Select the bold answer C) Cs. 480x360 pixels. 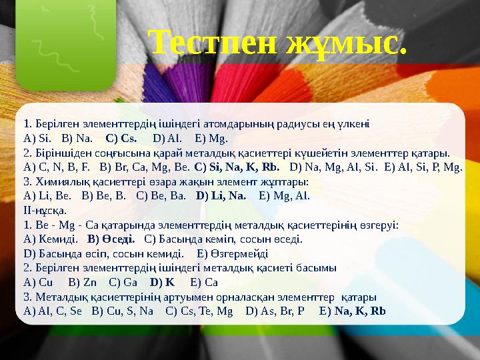pos(121,139)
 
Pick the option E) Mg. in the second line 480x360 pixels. pos(211,139)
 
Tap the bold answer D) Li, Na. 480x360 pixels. pos(221,196)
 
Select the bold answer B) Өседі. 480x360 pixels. pos(111,239)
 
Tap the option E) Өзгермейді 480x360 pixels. pos(233,253)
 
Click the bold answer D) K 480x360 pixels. pos(162,282)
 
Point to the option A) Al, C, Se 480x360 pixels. pos(53,311)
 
